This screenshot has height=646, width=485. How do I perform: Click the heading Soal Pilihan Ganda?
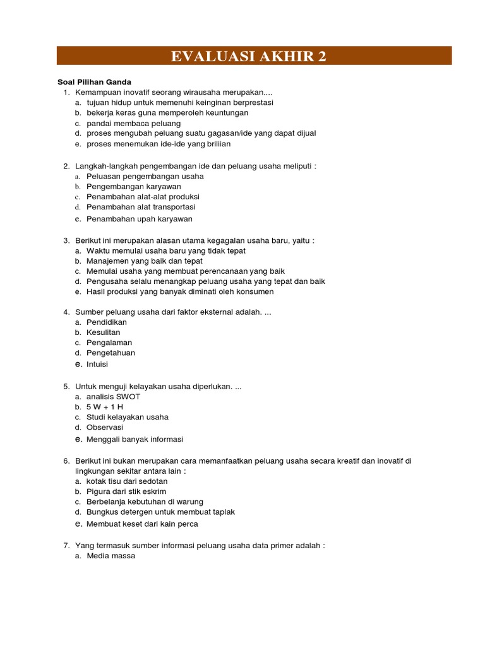tap(94, 82)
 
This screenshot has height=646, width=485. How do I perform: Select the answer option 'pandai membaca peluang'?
tap(133, 123)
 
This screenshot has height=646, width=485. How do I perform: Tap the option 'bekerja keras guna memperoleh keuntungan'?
tap(159, 113)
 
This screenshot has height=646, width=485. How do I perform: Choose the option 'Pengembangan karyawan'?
tap(134, 187)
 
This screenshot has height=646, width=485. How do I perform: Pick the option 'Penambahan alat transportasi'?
tap(141, 207)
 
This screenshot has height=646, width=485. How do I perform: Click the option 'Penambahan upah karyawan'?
tap(140, 219)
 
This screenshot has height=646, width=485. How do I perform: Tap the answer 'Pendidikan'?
tap(107, 322)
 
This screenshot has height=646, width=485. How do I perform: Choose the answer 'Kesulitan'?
tap(104, 332)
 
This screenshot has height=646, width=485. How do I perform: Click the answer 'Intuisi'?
tap(98, 364)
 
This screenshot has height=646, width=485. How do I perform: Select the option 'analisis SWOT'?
tap(114, 397)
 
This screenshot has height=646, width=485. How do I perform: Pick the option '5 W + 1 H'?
tap(105, 407)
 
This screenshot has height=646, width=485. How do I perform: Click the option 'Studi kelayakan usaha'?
tap(128, 417)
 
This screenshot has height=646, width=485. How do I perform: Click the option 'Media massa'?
tap(111, 556)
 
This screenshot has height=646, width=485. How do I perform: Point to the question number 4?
tap(66, 312)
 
